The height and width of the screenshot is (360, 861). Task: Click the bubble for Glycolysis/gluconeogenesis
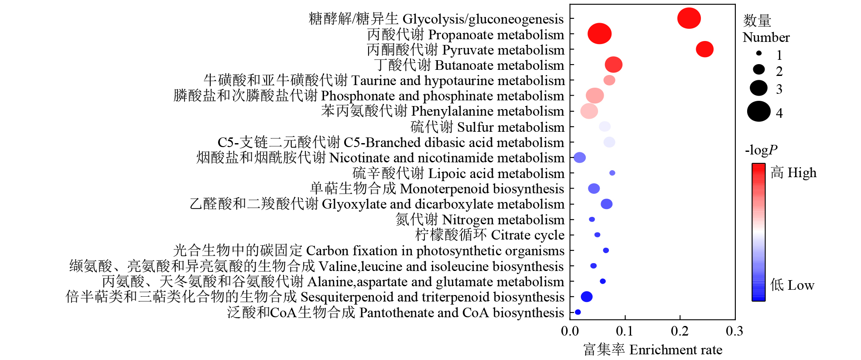point(689,19)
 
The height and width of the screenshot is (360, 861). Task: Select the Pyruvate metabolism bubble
point(704,49)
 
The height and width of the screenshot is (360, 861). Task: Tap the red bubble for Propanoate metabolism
point(599,34)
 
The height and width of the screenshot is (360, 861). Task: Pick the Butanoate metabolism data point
point(613,65)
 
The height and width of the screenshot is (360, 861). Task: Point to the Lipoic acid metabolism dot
point(612,173)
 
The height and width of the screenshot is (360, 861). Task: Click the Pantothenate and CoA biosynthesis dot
point(578,312)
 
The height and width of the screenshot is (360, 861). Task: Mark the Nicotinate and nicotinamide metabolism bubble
point(580,158)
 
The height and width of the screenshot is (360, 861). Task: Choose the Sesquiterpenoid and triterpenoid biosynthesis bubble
point(587,297)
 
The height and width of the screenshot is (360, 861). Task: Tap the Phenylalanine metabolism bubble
point(589,111)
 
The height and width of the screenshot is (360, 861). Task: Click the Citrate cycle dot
point(597,235)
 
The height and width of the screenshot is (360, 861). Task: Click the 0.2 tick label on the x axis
point(680,331)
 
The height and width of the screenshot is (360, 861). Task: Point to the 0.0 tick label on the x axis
point(570,331)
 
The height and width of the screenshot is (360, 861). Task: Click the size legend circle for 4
point(758,111)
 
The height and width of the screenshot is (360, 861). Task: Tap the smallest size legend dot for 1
point(759,53)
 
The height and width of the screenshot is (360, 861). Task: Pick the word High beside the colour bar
point(793,173)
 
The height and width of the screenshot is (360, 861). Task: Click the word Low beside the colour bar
point(792,285)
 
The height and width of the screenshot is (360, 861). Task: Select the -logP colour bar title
point(761,150)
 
